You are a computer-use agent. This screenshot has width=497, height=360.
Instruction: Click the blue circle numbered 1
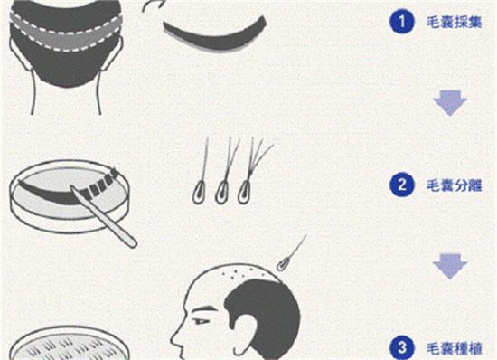(x=401, y=22)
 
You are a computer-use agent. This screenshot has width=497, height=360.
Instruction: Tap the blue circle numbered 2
(x=401, y=185)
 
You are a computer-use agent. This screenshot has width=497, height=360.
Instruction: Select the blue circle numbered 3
(x=401, y=347)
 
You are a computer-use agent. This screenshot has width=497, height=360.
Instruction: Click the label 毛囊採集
(x=455, y=22)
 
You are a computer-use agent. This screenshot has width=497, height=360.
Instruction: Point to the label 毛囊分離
(x=455, y=185)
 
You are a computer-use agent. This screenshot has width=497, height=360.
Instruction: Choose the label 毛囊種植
(x=455, y=348)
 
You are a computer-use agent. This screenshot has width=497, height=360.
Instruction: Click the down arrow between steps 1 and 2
(x=450, y=103)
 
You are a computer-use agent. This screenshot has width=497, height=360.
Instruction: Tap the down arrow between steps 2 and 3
(x=450, y=266)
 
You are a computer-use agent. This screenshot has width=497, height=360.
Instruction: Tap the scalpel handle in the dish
(x=105, y=217)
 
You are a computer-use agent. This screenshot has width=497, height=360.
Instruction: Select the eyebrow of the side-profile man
(x=202, y=309)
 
